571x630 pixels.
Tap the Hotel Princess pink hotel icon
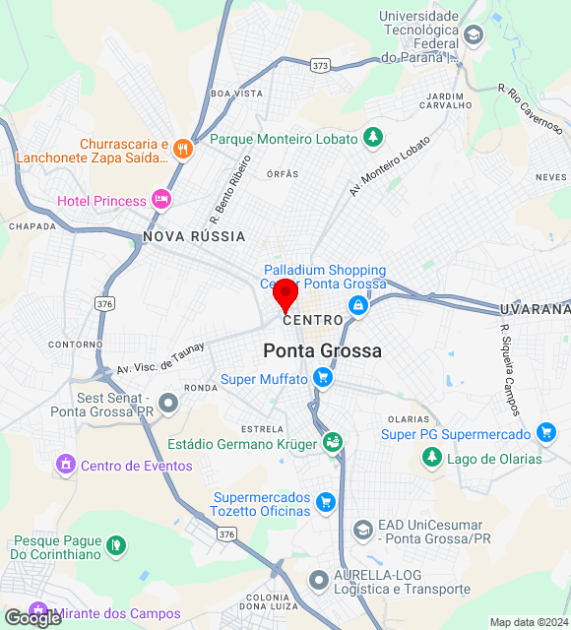[161, 201]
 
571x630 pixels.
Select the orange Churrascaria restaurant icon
[182, 150]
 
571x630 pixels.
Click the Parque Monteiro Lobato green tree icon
[372, 138]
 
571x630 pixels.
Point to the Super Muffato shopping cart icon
[322, 378]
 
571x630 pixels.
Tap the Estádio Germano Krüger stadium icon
[333, 443]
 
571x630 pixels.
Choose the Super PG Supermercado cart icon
[545, 433]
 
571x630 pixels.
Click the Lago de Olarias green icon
[431, 458]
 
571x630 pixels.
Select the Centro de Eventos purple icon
[66, 465]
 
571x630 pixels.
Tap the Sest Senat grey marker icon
[169, 402]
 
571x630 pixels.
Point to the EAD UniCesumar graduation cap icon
[362, 531]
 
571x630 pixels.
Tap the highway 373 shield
[319, 65]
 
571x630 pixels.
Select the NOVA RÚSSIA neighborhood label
[194, 236]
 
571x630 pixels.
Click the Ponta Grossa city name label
[322, 350]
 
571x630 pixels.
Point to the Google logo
[32, 617]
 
